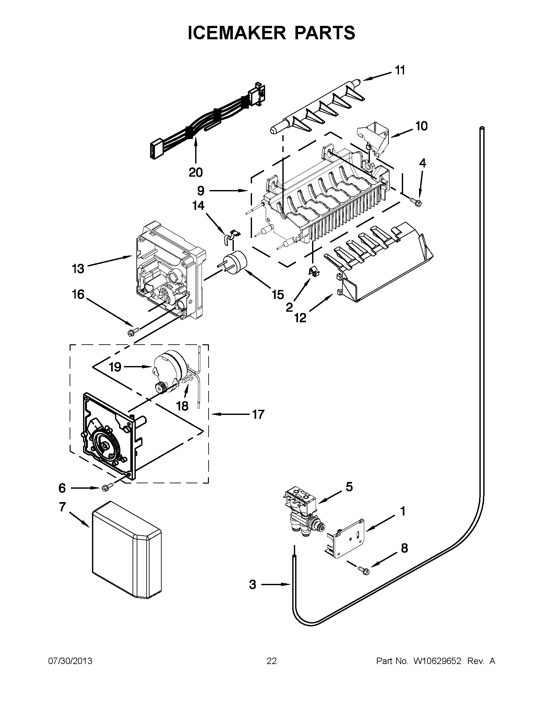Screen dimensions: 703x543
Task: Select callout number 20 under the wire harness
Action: click(x=195, y=172)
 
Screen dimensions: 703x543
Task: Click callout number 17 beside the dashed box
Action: click(x=258, y=414)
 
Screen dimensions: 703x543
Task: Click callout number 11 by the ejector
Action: click(x=400, y=70)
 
